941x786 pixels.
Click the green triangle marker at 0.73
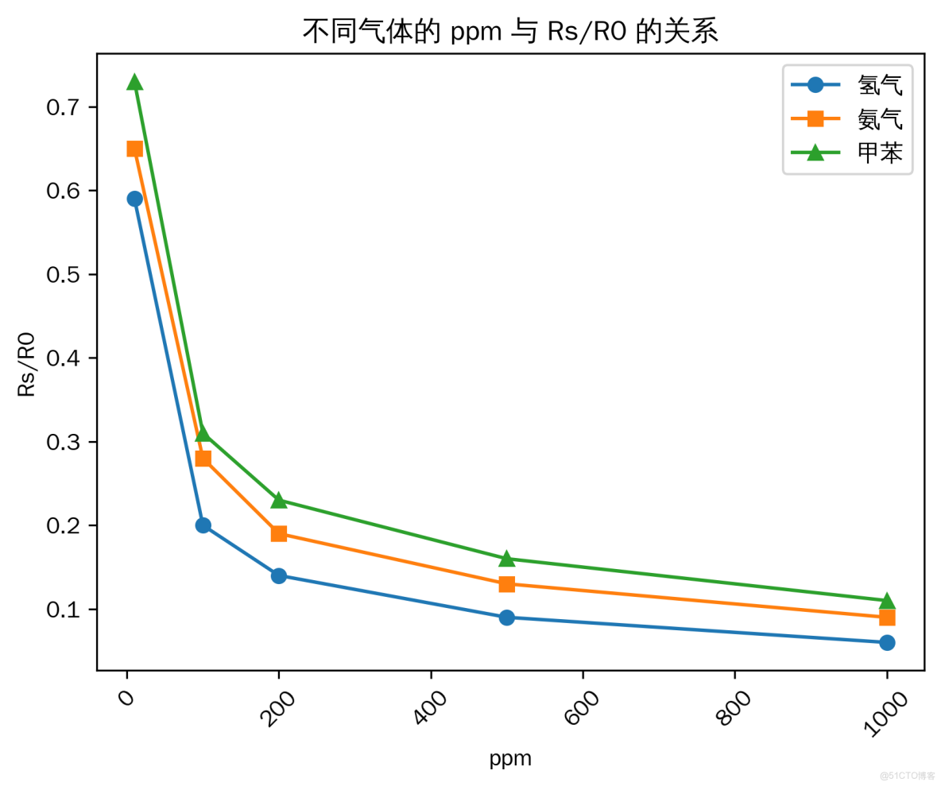(134, 82)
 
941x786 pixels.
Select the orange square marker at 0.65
(134, 149)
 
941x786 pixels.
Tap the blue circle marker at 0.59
(134, 199)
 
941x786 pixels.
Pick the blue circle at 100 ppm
(203, 525)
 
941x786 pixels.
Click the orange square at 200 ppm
(279, 533)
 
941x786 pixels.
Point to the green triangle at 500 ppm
(507, 558)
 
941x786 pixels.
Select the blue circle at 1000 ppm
(887, 642)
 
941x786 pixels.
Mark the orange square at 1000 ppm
(887, 618)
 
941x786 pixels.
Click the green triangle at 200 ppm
(279, 500)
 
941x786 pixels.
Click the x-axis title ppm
(510, 759)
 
